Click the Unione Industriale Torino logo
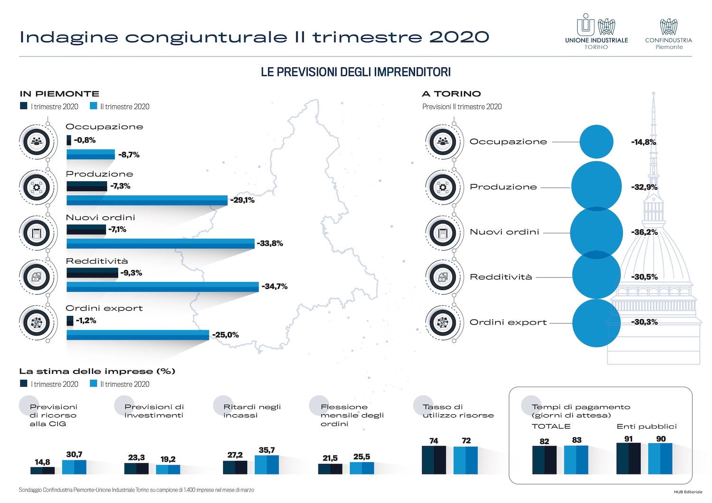coord(596,31)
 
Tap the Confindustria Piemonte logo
coord(668,33)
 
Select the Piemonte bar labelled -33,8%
coord(160,243)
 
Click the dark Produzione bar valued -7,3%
coord(86,186)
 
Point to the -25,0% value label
coord(225,335)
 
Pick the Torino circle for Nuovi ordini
coord(596,233)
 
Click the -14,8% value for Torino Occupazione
coord(643,142)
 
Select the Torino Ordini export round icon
coord(442,322)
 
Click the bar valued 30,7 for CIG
coord(74,466)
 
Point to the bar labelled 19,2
coord(168,469)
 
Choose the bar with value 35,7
coord(267,465)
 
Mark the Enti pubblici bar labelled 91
coord(628,458)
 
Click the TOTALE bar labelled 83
coord(576,459)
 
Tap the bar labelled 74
coord(434,459)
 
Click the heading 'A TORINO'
coord(451,94)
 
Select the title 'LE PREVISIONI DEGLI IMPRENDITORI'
coord(356,72)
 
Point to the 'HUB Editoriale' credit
coord(687,492)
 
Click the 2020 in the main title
coord(459,37)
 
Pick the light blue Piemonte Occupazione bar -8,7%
coord(91,154)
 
